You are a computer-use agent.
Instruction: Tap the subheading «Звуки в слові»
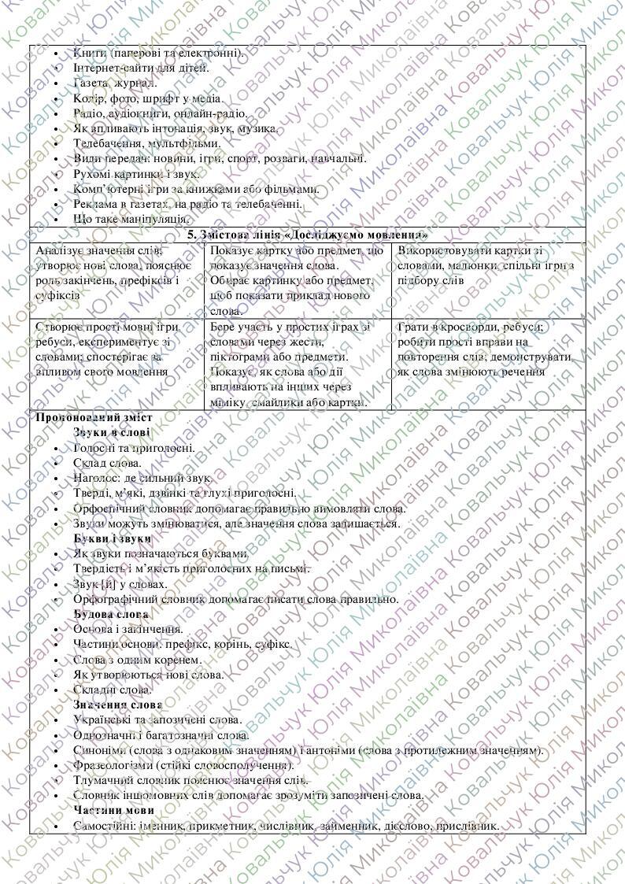pos(112,433)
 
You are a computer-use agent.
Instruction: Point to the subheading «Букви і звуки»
pos(112,538)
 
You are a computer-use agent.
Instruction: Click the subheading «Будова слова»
pos(111,614)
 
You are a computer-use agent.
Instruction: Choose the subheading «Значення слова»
pos(117,705)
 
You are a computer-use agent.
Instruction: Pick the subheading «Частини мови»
pos(113,810)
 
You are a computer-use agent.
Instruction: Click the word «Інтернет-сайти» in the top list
pos(109,68)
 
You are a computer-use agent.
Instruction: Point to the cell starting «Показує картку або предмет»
pos(297,280)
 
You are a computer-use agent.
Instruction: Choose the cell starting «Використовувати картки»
pos(487,264)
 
